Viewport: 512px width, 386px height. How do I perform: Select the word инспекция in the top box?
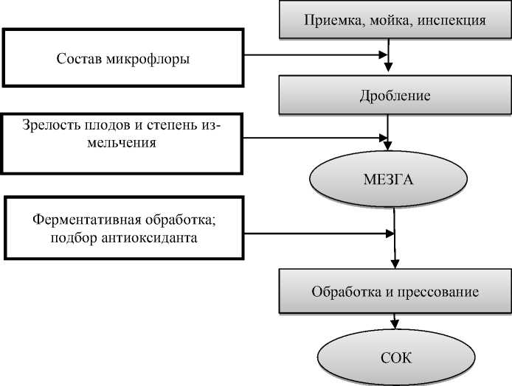(x=451, y=21)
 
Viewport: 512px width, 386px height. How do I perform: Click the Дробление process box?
(x=394, y=96)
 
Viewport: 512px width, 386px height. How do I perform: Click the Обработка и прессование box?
(x=394, y=292)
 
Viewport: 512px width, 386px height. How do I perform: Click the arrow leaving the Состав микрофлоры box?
(x=317, y=55)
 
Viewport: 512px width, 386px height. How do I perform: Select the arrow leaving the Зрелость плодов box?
(x=317, y=136)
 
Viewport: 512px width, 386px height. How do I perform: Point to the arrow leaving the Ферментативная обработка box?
(x=317, y=234)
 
